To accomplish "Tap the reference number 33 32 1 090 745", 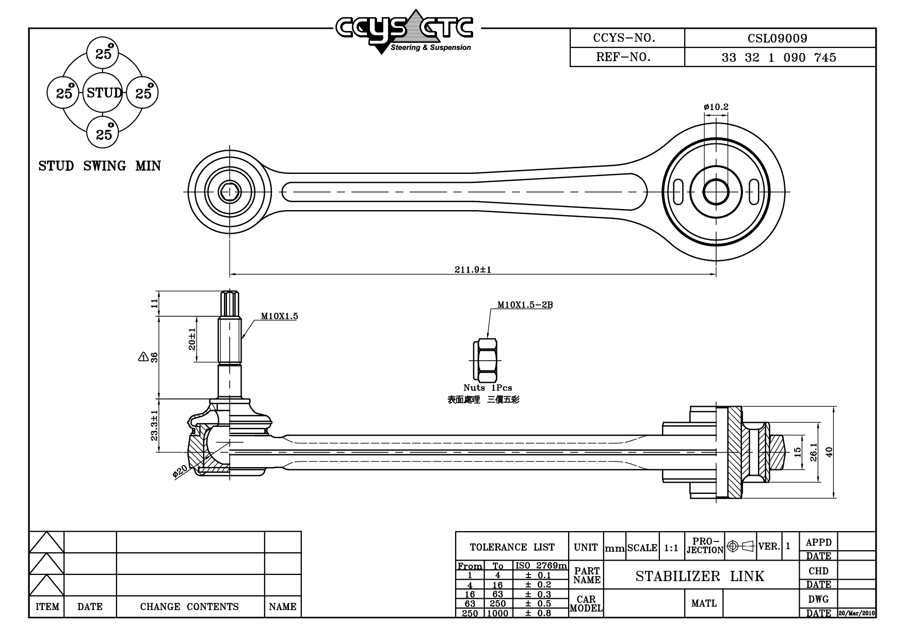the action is [779, 57].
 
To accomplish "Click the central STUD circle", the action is [103, 93].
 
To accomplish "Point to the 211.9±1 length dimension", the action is [473, 269].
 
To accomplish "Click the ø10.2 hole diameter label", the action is [716, 107].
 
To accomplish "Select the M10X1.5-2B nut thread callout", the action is [525, 305].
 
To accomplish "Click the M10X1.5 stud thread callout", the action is [279, 316].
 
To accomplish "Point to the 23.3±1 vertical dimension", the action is [154, 425].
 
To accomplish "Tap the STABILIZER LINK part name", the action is [700, 576].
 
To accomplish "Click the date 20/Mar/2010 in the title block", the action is [857, 613].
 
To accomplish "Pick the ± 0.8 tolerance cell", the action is [538, 613].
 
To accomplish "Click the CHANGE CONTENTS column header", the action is [189, 606].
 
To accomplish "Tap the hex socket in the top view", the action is [229, 192].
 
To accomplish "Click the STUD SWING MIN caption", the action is [100, 166].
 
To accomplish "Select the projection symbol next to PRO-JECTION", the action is [740, 546].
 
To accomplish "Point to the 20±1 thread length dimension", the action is [192, 339].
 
